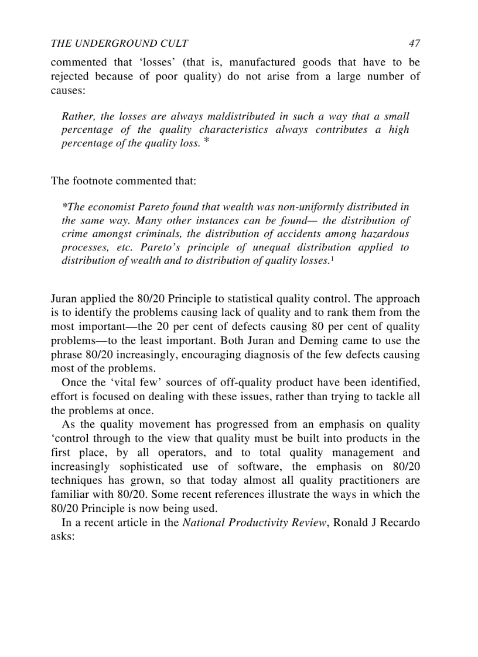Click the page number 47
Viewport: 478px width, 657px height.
[x=414, y=43]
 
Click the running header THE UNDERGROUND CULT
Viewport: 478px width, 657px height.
[x=119, y=43]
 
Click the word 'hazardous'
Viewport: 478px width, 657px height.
[x=384, y=233]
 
